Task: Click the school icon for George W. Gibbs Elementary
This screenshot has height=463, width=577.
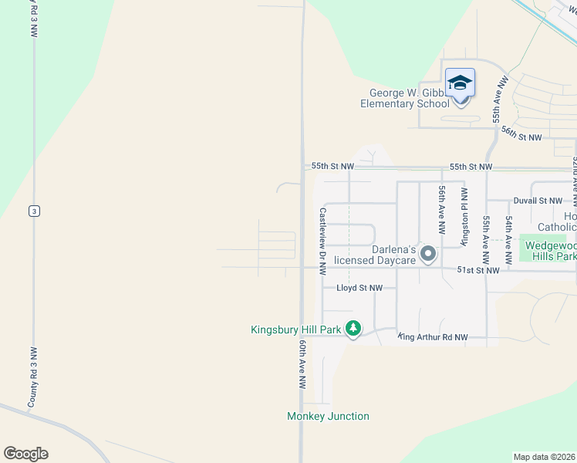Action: point(460,83)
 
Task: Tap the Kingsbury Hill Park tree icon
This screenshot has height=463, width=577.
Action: point(353,329)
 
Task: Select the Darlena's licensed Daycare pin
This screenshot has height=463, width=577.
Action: point(428,253)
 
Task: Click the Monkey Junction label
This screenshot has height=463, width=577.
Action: point(328,417)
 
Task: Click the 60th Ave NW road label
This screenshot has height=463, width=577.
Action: point(302,366)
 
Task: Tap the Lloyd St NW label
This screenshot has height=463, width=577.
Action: point(359,288)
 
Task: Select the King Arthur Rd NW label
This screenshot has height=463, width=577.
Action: point(434,337)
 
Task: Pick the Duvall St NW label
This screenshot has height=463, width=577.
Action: point(537,201)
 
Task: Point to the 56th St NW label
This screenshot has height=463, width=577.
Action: point(521,137)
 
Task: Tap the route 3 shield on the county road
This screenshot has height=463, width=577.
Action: point(33,211)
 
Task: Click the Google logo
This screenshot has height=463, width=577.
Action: point(25,454)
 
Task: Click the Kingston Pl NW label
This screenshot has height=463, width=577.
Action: point(464,216)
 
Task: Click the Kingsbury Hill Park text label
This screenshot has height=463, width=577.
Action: point(295,330)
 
